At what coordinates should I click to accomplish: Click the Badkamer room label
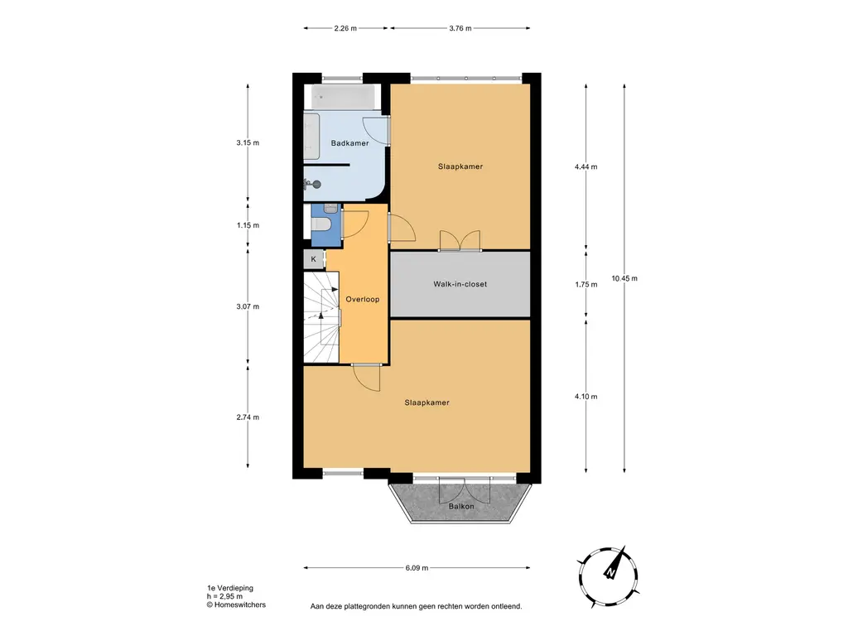pyautogui.click(x=350, y=143)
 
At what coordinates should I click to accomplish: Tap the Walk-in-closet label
pyautogui.click(x=460, y=284)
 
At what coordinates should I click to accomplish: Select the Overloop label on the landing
pyautogui.click(x=363, y=299)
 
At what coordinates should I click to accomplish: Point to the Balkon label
pyautogui.click(x=461, y=506)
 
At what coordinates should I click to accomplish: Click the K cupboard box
pyautogui.click(x=314, y=259)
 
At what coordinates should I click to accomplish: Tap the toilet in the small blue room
pyautogui.click(x=319, y=224)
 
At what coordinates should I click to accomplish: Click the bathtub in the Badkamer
pyautogui.click(x=343, y=98)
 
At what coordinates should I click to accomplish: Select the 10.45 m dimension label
pyautogui.click(x=624, y=278)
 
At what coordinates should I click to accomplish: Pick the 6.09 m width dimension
pyautogui.click(x=417, y=568)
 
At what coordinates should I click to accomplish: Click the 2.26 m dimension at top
pyautogui.click(x=345, y=28)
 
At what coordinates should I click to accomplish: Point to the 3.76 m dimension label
pyautogui.click(x=460, y=28)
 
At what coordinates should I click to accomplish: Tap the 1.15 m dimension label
pyautogui.click(x=248, y=225)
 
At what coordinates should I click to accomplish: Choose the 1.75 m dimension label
pyautogui.click(x=586, y=285)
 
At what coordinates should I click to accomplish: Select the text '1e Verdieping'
pyautogui.click(x=230, y=588)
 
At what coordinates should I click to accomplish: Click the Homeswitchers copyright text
pyautogui.click(x=236, y=605)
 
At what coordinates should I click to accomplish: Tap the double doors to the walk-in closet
pyautogui.click(x=460, y=241)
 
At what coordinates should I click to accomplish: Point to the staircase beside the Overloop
pyautogui.click(x=321, y=317)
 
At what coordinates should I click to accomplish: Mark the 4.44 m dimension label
pyautogui.click(x=586, y=166)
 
